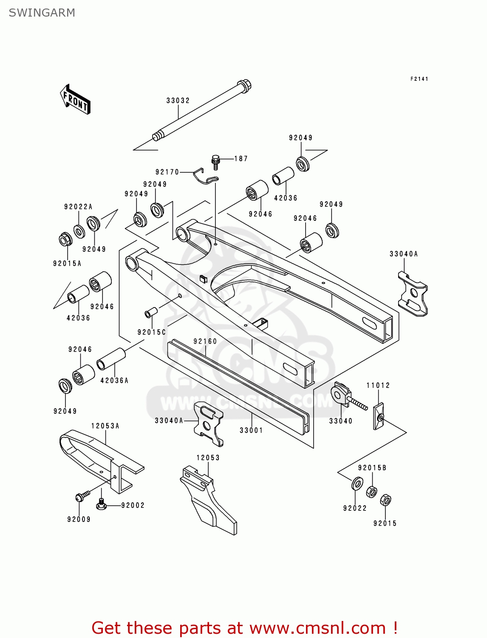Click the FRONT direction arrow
click(75, 100)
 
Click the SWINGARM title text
click(42, 13)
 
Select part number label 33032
click(178, 101)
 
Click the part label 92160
click(205, 341)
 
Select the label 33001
click(251, 430)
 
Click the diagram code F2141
click(419, 79)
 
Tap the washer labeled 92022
click(357, 484)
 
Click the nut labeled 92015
click(385, 500)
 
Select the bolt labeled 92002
click(101, 504)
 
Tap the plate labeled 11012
click(379, 417)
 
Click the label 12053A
click(105, 426)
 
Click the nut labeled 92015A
click(65, 239)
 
